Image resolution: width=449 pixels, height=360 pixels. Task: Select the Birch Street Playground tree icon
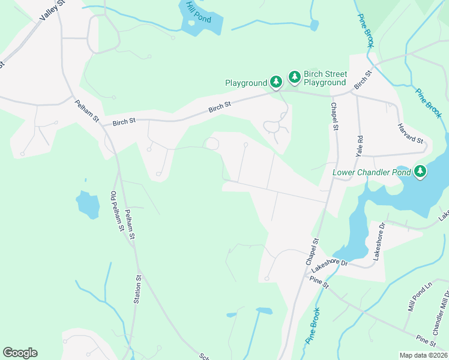pos(295,76)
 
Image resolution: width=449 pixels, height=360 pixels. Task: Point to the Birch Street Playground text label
pos(325,78)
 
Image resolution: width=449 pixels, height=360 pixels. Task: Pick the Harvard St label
pos(411,133)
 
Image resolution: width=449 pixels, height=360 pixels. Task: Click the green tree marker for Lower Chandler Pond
pos(421,172)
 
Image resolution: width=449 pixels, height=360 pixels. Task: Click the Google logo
pos(20,353)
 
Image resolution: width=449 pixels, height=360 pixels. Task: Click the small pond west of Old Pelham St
pos(88,205)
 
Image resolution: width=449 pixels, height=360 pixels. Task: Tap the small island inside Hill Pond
pos(191,23)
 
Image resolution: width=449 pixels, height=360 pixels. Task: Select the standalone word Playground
pos(245,83)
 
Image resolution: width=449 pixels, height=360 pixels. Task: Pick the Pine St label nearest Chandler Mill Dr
pos(425,341)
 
